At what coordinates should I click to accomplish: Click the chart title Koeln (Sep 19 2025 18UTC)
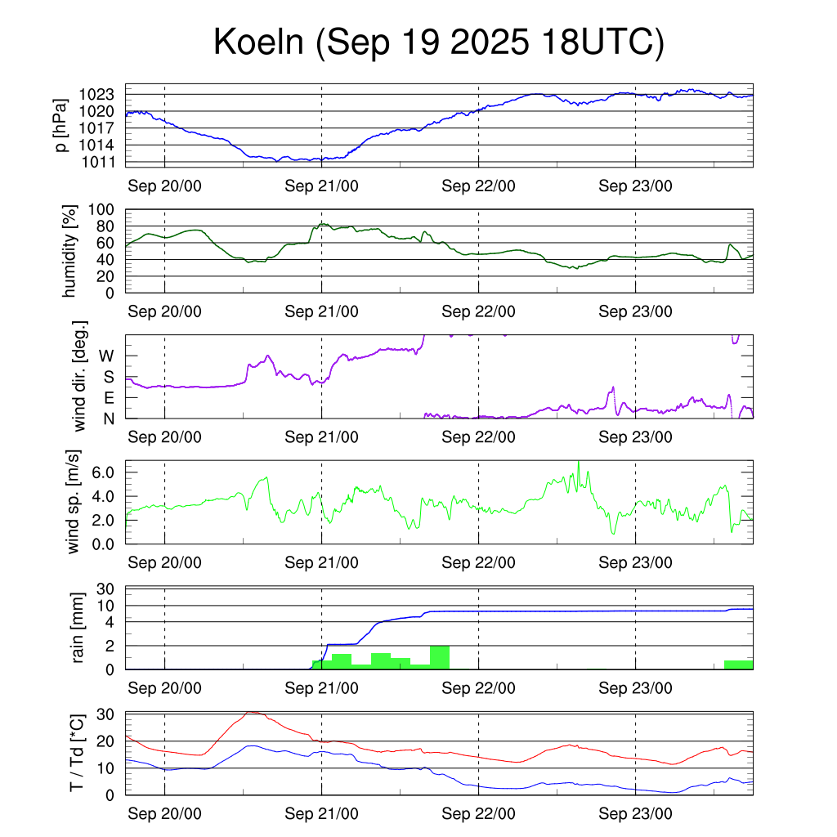click(439, 43)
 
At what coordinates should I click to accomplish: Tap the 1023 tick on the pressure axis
click(102, 94)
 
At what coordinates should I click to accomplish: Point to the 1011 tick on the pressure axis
click(102, 162)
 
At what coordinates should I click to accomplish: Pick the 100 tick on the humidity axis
click(107, 209)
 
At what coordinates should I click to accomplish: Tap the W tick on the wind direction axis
click(107, 356)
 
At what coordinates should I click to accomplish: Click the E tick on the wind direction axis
click(110, 397)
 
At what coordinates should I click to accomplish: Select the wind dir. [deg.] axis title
click(79, 376)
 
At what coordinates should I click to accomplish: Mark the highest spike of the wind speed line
click(579, 463)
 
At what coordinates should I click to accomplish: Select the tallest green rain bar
click(439, 657)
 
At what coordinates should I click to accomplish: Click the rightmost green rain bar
click(738, 665)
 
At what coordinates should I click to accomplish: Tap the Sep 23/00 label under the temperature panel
click(635, 814)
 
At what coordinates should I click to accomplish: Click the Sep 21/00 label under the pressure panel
click(321, 186)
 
